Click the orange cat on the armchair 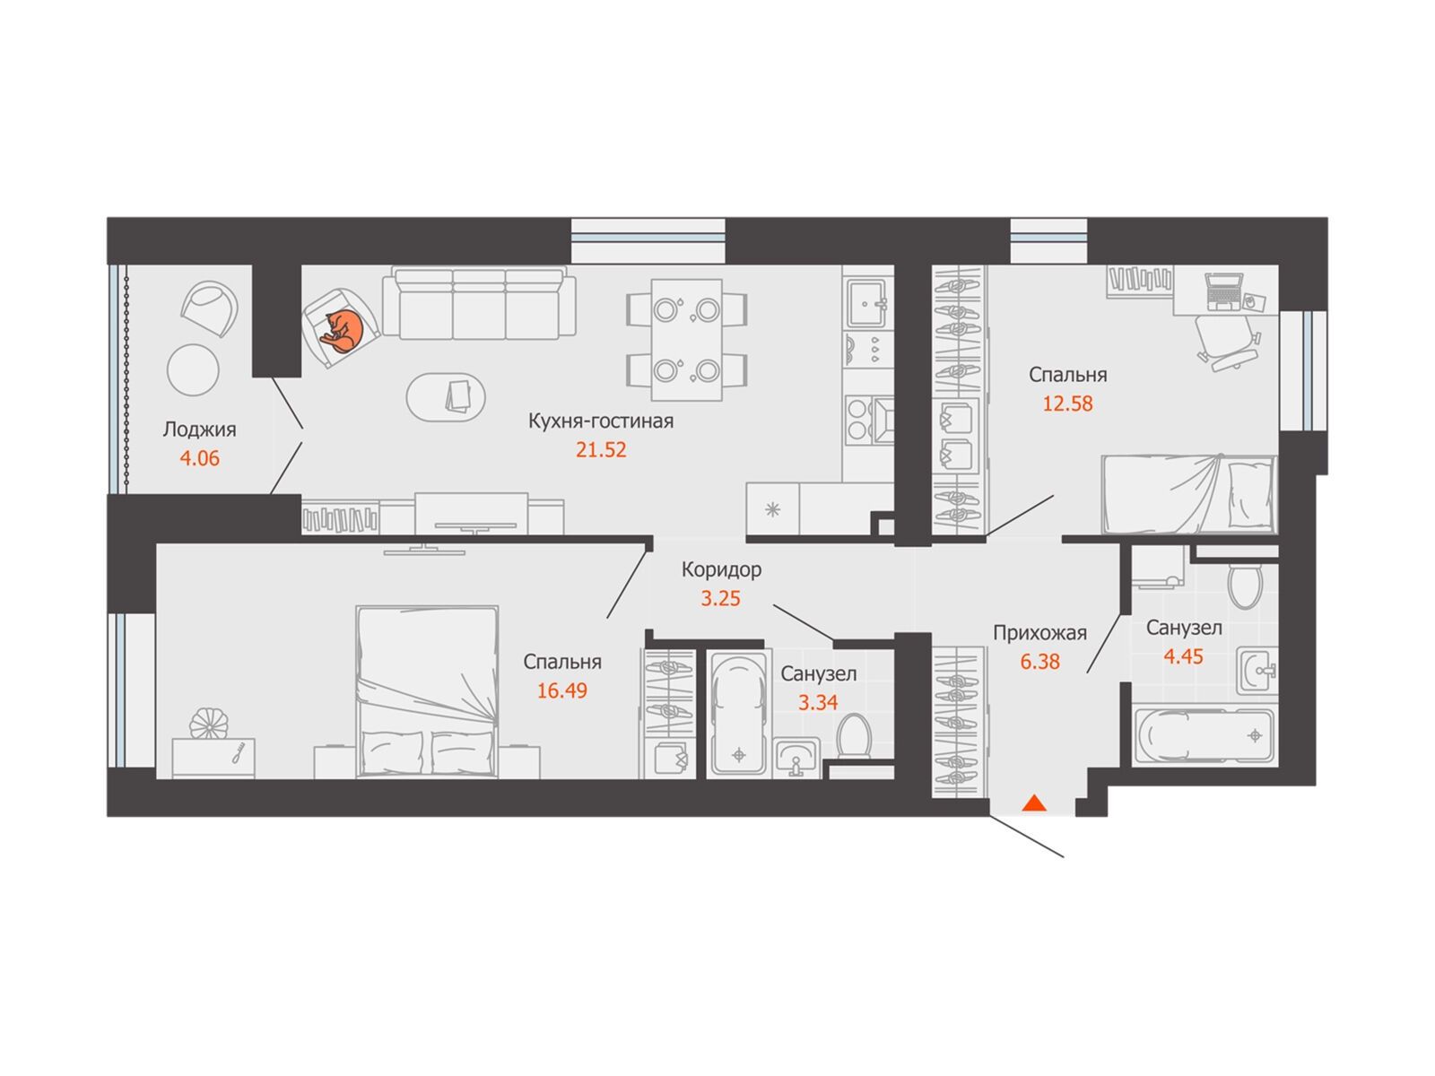click(341, 331)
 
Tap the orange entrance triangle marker click(1033, 803)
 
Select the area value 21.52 click(600, 449)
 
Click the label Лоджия click(199, 430)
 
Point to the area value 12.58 click(1067, 403)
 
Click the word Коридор click(721, 569)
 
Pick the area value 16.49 click(561, 690)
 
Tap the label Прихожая click(1039, 632)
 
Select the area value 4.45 click(1183, 656)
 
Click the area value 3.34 click(817, 702)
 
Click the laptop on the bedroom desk click(1222, 291)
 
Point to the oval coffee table click(445, 396)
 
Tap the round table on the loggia click(193, 369)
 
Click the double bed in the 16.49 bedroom click(426, 692)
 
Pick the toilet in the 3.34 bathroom click(854, 736)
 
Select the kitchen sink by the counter click(867, 303)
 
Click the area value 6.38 click(1039, 661)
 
